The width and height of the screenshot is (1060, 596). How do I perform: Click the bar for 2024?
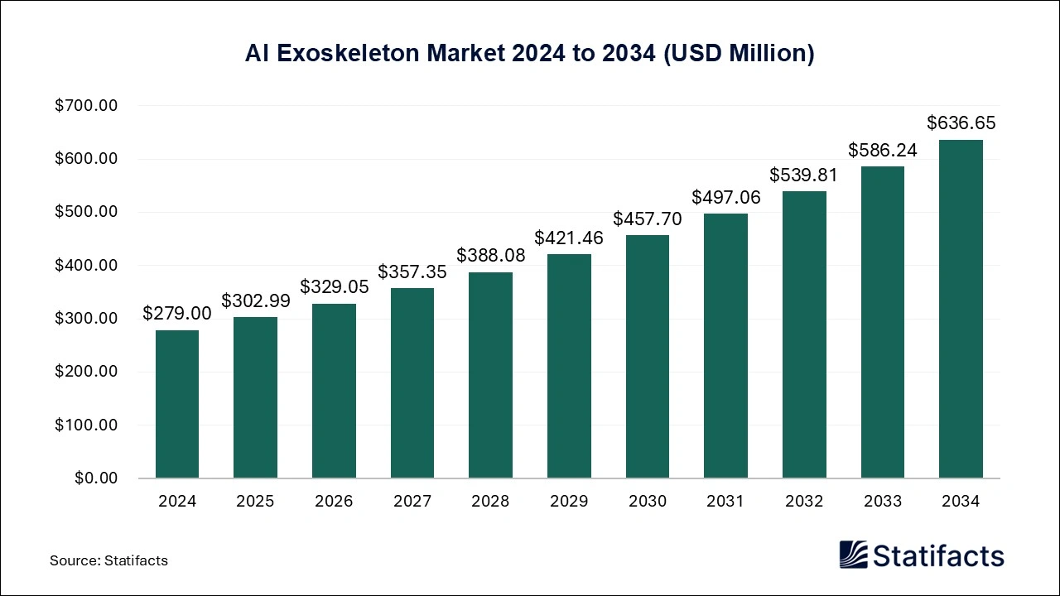point(176,404)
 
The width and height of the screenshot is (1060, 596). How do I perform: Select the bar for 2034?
point(961,309)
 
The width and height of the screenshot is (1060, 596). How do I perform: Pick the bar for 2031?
point(725,346)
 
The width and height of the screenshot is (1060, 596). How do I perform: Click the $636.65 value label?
point(961,123)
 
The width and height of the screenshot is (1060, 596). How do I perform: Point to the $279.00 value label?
point(176,313)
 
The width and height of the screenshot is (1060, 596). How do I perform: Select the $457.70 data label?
point(647,219)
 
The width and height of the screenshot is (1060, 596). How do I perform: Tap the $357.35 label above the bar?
point(412,272)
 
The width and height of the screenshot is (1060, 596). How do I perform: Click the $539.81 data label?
point(803,175)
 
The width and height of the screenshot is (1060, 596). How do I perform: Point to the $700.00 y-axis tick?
point(86,106)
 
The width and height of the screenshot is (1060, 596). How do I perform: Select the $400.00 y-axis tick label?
point(86,266)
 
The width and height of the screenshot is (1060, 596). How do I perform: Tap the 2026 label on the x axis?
point(333,502)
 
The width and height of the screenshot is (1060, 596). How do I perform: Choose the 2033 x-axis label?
point(882,502)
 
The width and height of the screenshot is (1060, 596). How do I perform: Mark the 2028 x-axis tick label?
point(490,502)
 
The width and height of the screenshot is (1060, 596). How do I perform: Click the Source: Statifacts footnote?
point(108,560)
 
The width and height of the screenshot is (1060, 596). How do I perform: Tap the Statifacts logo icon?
point(853,555)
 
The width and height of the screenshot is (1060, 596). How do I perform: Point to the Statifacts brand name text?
point(938,555)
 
